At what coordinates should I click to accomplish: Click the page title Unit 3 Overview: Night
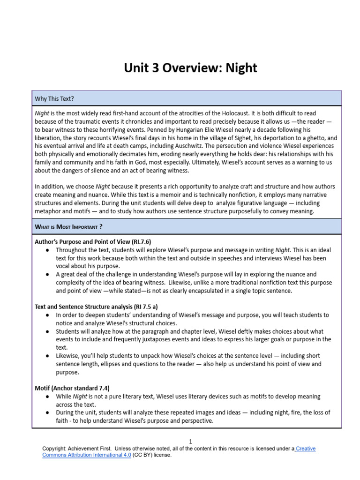[190, 68]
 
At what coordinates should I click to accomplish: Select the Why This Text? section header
[54, 98]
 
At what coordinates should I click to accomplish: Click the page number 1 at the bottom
[190, 441]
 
